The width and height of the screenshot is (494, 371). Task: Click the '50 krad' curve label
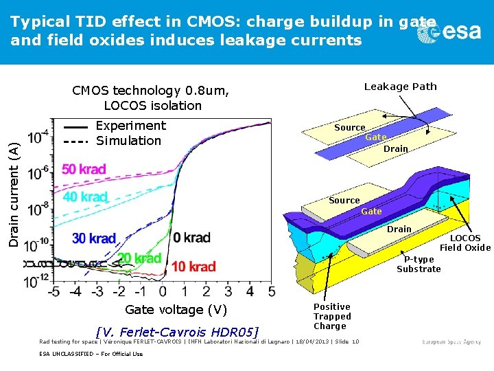(84, 169)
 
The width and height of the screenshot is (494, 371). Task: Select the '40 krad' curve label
(86, 196)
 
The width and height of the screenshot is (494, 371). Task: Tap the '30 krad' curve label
(93, 238)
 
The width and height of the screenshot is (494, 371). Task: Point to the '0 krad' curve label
(191, 238)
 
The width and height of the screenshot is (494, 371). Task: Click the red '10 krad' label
(193, 267)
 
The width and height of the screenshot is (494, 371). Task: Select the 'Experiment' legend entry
(130, 126)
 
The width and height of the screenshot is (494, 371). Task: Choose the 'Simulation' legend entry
(128, 141)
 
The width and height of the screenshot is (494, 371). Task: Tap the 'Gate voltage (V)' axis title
(176, 310)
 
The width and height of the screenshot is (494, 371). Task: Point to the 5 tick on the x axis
(272, 292)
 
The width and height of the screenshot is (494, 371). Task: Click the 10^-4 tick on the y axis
(39, 134)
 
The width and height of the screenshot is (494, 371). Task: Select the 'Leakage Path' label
(400, 87)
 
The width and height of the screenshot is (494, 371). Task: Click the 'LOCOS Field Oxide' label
(465, 243)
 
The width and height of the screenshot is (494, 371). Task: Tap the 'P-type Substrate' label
(419, 264)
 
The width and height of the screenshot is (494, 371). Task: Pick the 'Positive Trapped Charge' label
(332, 316)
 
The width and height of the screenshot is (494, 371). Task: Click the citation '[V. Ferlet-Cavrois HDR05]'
(178, 333)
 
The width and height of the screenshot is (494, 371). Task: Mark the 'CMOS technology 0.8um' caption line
(152, 91)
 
